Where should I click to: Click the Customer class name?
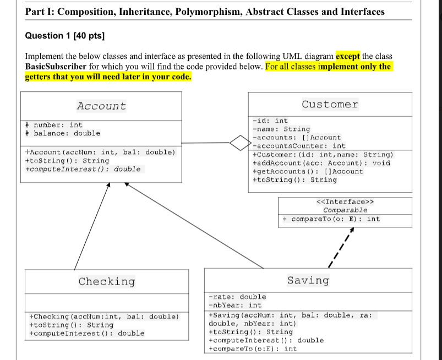point(330,104)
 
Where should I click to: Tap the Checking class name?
point(106,281)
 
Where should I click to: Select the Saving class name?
point(308,280)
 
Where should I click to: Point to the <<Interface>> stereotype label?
point(345,201)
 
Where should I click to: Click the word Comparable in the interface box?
point(345,210)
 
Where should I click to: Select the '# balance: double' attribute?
point(63,133)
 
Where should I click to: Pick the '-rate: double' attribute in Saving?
point(237,297)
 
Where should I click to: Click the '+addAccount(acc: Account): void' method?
point(321,163)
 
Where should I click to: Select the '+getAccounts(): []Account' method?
point(308,171)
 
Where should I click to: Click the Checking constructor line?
point(103,317)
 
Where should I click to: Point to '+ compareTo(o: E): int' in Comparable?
point(331,219)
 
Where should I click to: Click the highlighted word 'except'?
point(348,56)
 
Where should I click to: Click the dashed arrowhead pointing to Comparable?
point(351,230)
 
